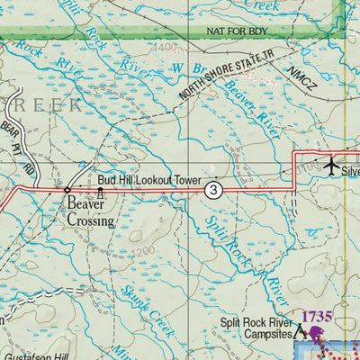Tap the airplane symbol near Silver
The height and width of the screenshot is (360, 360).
332,166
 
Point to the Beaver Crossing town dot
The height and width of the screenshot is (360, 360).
67,189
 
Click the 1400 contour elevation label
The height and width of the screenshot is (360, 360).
165,44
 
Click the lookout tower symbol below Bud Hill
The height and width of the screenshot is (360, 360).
101,192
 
